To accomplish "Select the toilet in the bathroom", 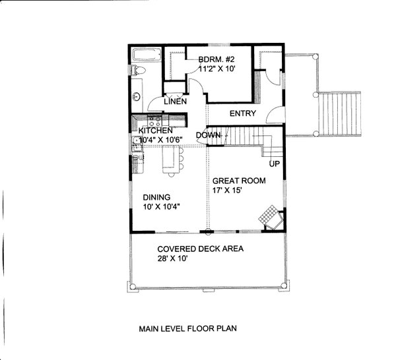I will point(137,72).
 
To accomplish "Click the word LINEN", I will point(175,102).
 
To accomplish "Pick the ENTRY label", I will point(242,113).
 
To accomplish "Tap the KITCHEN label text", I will point(156,131).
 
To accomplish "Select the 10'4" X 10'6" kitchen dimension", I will point(160,140).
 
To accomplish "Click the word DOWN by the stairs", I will point(209,135).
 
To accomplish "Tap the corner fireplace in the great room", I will point(272,218).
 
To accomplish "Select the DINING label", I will point(157,196).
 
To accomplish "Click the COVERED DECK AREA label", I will point(201,249).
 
